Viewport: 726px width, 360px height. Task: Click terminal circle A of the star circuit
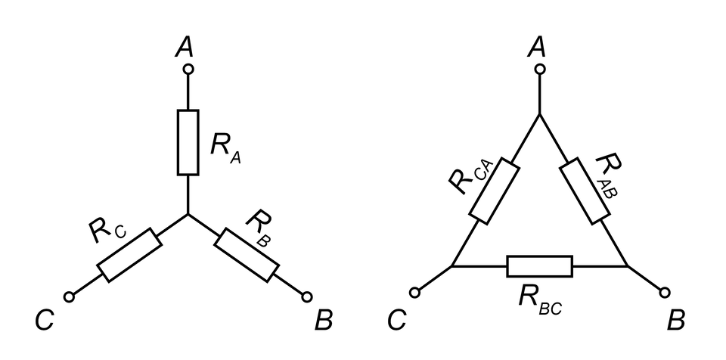[188, 70]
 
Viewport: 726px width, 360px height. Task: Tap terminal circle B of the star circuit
[306, 296]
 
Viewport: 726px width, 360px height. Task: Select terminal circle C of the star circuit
[69, 297]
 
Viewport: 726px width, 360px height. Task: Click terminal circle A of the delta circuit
[539, 70]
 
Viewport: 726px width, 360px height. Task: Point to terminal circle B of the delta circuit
[665, 292]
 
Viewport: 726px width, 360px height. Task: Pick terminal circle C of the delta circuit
[414, 292]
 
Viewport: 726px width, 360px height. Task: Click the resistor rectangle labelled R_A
[188, 141]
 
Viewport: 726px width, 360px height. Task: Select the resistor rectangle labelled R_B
[247, 256]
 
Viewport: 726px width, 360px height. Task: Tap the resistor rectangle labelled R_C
[129, 256]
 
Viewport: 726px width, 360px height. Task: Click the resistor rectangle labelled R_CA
[494, 190]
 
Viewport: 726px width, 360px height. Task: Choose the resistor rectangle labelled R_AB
[585, 190]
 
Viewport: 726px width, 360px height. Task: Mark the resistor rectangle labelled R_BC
[539, 266]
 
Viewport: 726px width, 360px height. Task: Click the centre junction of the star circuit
[188, 214]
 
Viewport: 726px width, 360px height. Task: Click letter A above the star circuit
[184, 48]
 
